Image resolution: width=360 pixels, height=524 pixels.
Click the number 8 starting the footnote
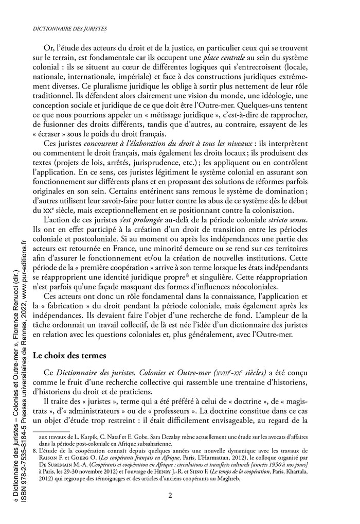point(34,450)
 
